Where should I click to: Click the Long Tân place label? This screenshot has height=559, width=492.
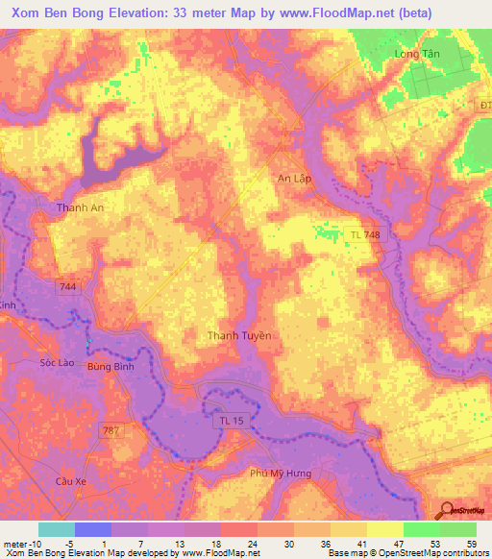[x=416, y=54]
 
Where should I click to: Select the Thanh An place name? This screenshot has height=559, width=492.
[x=80, y=207]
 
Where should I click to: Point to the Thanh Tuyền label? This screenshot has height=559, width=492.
[x=240, y=335]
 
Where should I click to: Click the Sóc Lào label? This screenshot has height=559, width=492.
[x=57, y=363]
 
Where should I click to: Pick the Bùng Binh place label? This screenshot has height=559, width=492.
[x=109, y=367]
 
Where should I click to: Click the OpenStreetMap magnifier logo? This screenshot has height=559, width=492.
[x=448, y=510]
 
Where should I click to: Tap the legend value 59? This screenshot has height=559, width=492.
[x=471, y=543]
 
